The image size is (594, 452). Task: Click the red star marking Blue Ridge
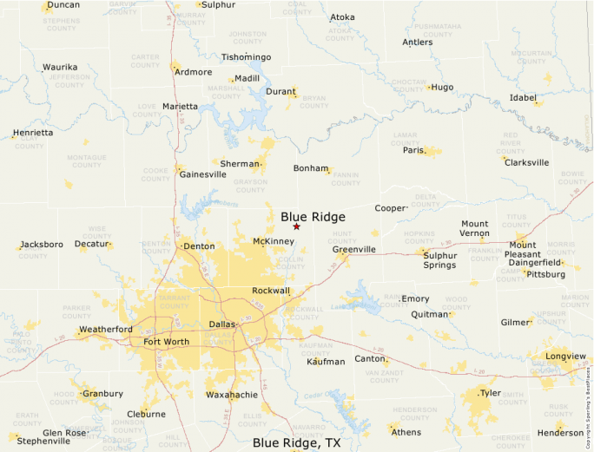pyautogui.click(x=296, y=226)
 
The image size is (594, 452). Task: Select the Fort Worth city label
pyautogui.click(x=166, y=342)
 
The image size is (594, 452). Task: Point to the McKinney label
pyautogui.click(x=274, y=241)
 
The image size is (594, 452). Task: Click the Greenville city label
pyautogui.click(x=354, y=249)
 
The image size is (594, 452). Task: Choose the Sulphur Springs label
pyautogui.click(x=439, y=259)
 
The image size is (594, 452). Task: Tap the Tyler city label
pyautogui.click(x=491, y=392)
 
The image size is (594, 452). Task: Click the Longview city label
pyautogui.click(x=565, y=356)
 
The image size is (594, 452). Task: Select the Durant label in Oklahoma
pyautogui.click(x=280, y=90)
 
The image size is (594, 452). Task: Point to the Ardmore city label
pyautogui.click(x=193, y=72)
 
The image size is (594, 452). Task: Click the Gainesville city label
pyautogui.click(x=202, y=174)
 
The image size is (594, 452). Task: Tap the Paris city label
pyautogui.click(x=412, y=150)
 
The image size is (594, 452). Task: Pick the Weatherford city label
pyautogui.click(x=105, y=329)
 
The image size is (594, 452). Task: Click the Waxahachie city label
pyautogui.click(x=231, y=395)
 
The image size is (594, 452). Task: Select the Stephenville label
pyautogui.click(x=43, y=441)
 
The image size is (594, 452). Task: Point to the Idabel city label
pyautogui.click(x=523, y=97)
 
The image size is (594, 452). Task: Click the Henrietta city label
pyautogui.click(x=33, y=133)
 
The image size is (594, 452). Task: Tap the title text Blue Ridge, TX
pyautogui.click(x=296, y=442)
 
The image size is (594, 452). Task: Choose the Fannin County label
pyautogui.click(x=346, y=179)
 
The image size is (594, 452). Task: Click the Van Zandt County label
pyautogui.click(x=383, y=376)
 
